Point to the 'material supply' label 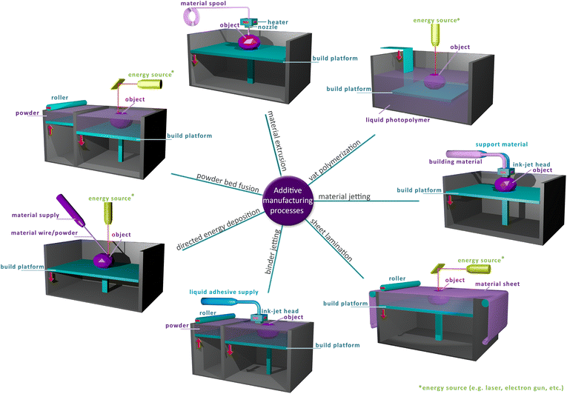tap(36, 215)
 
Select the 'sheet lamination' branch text tap(331, 236)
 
